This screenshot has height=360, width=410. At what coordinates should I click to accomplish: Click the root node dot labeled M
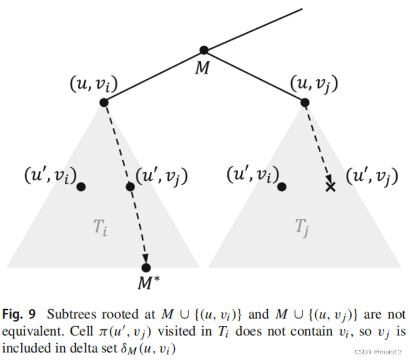pyautogui.click(x=204, y=50)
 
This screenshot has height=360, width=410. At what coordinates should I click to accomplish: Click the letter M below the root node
pyautogui.click(x=202, y=68)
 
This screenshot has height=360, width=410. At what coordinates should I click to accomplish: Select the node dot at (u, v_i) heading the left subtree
pyautogui.click(x=103, y=102)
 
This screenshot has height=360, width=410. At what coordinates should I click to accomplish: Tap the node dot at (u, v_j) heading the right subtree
pyautogui.click(x=305, y=102)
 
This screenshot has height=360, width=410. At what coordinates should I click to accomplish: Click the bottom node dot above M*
pyautogui.click(x=146, y=267)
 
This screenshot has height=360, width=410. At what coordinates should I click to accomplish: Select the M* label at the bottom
pyautogui.click(x=148, y=283)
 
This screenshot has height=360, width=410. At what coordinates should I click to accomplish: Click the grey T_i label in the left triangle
pyautogui.click(x=100, y=228)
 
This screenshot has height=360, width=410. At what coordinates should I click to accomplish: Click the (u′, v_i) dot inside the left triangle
pyautogui.click(x=81, y=186)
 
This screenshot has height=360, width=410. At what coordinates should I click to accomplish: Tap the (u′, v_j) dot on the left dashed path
pyautogui.click(x=130, y=186)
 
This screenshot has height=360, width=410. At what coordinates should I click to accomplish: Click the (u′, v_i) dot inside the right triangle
pyautogui.click(x=282, y=186)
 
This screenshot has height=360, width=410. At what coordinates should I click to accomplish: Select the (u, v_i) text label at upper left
pyautogui.click(x=94, y=84)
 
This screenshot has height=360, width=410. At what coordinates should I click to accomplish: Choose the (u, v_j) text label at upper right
pyautogui.click(x=314, y=84)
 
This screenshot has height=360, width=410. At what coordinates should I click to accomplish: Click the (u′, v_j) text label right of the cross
pyautogui.click(x=372, y=176)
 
